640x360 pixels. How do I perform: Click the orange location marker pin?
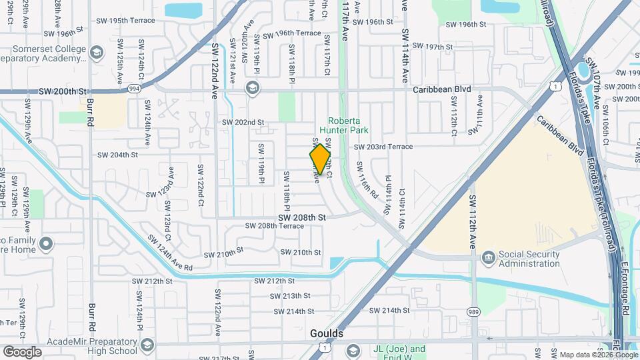tap(321, 159)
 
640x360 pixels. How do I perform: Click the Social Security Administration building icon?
tap(488, 257)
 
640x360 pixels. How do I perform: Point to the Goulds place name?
tap(327, 333)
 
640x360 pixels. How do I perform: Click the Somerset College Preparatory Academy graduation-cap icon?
tap(97, 53)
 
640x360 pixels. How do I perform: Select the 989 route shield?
tap(474, 311)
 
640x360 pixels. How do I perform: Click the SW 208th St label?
tap(301, 217)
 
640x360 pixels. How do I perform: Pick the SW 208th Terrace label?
tap(275, 226)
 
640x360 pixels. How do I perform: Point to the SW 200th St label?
tap(63, 91)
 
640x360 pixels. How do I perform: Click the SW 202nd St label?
tap(243, 123)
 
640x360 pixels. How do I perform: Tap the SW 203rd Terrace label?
tap(383, 147)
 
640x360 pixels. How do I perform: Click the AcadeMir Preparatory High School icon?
tap(147, 345)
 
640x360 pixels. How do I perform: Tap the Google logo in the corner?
tap(22, 352)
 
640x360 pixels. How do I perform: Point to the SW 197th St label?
tap(433, 47)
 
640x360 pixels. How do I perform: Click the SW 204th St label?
tap(117, 155)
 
